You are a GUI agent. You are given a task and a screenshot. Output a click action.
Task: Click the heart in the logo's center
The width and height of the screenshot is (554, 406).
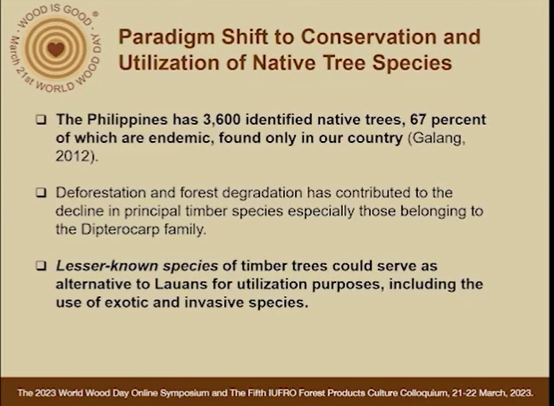(55, 49)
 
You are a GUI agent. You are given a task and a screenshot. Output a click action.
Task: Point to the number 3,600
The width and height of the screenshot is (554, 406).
(222, 120)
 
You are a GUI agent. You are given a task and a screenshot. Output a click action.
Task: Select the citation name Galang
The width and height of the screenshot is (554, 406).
(437, 138)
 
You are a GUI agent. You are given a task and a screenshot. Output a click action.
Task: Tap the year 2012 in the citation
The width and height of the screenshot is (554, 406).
(72, 156)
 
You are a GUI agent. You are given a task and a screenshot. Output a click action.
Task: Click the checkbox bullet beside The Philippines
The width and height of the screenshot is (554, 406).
(41, 120)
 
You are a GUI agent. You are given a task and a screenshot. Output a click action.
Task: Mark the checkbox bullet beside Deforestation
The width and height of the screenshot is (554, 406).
(41, 193)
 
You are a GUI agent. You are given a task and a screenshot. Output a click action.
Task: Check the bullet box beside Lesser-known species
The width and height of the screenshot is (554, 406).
(41, 266)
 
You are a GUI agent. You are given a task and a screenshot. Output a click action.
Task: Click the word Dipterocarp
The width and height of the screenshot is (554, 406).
(120, 229)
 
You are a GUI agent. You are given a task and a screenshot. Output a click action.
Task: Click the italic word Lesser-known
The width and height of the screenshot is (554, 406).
(107, 266)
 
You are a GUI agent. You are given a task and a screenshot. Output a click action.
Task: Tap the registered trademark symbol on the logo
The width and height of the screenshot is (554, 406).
(95, 14)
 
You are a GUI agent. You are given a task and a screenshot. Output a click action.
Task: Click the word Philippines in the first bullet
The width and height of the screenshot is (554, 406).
(127, 120)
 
